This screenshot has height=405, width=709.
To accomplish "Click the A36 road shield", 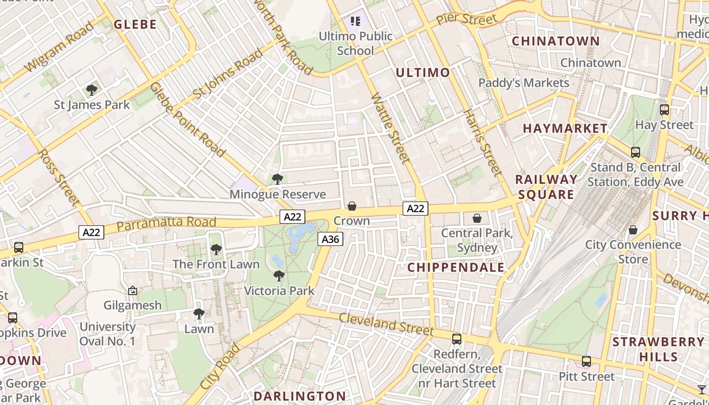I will pos(331,239).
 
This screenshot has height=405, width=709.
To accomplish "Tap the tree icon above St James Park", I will pos(92,90).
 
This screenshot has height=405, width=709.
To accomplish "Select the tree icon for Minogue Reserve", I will pos(277,179).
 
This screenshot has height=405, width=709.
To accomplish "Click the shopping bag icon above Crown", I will pos(351,206).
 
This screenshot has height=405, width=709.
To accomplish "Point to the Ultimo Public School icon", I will pos(356,21).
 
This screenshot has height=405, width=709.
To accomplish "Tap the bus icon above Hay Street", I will pos(664,109).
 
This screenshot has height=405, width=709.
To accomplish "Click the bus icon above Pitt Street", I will pos(586,361).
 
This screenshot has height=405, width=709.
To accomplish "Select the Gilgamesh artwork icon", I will pos(133,291).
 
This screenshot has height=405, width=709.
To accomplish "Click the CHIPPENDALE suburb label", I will pos(456,267).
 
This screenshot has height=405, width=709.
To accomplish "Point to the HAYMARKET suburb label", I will pos(565,129).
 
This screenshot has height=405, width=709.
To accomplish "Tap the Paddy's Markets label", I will pos(524,83).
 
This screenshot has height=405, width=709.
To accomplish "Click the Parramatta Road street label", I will pos(166,223).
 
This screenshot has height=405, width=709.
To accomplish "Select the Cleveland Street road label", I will pos(386,324).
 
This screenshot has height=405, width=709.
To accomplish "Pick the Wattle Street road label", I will pos(390,128).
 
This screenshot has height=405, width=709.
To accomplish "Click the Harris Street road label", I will pos(484,143).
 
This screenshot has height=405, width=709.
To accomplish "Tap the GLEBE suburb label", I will pos(135,24).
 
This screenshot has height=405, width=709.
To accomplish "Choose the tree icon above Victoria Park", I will pos(279,276).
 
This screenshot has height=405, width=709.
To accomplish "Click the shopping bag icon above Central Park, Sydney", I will pos(477,218).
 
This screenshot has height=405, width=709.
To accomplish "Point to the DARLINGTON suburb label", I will pos(299,396).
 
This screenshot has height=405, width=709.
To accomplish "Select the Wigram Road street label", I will pos(59,47).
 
